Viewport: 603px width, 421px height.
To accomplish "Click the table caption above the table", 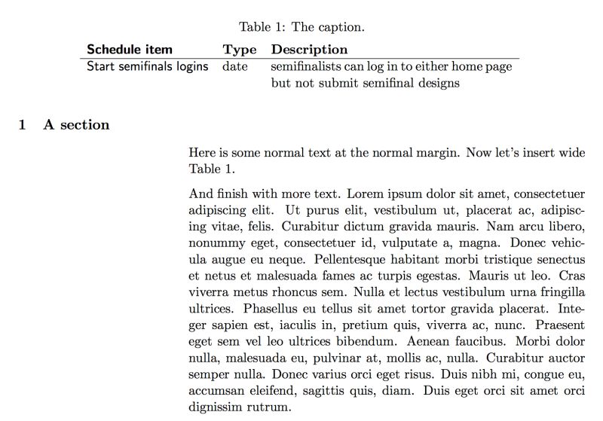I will coord(301,28).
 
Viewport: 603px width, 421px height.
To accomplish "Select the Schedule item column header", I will coord(130,50).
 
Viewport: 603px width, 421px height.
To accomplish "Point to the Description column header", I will coord(309,50).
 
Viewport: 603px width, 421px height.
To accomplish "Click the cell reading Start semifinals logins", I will coord(147,66).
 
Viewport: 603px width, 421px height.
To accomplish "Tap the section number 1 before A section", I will coord(23,125).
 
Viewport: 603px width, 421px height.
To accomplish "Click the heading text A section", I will coord(76,125).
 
